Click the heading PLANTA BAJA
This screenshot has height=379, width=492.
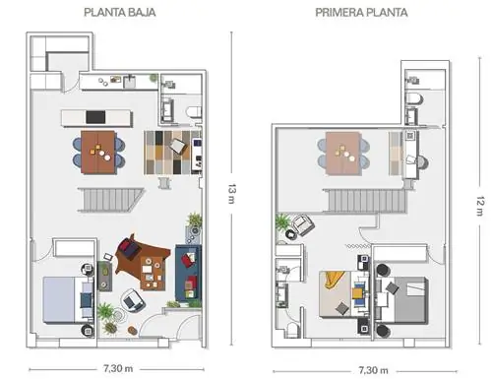(120, 13)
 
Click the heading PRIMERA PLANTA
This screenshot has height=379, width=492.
(361, 13)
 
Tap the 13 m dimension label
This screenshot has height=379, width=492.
(231, 194)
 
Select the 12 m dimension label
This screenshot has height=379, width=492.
(479, 206)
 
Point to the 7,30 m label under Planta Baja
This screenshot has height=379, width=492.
(118, 368)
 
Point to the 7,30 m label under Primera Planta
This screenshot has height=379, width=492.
(373, 370)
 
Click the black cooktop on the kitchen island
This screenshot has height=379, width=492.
(95, 117)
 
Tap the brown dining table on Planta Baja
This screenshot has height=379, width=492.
(98, 153)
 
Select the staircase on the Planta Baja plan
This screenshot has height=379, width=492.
(111, 200)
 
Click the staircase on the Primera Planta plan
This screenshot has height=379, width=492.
(365, 201)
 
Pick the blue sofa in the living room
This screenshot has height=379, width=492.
(188, 273)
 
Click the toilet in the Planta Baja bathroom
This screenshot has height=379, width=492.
(194, 111)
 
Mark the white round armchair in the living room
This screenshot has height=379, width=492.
(133, 300)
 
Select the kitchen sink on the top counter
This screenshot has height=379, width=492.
(130, 82)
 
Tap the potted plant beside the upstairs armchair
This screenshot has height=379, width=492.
(282, 222)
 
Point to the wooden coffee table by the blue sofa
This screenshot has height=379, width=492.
(153, 273)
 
